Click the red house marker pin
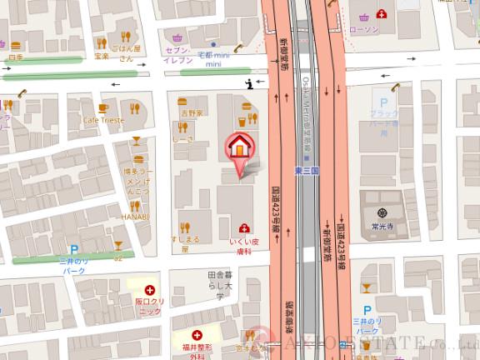[x=239, y=148]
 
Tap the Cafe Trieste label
[x=103, y=120]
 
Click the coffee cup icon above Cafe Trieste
[x=103, y=107]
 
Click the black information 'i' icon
[x=250, y=82]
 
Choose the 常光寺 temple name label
[x=383, y=224]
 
